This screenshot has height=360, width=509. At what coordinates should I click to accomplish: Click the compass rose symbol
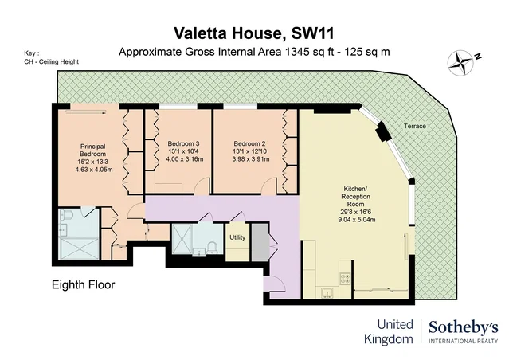pyautogui.click(x=460, y=62)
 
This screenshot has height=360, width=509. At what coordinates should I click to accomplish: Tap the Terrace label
pyautogui.click(x=414, y=126)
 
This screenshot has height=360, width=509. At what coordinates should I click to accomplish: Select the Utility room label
pyautogui.click(x=237, y=237)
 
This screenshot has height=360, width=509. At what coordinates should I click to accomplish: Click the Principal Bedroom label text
pyautogui.click(x=92, y=150)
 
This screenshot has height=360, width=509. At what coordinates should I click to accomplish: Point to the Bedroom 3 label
pyautogui.click(x=183, y=143)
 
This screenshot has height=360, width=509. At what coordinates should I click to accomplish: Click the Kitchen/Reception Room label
pyautogui.click(x=355, y=197)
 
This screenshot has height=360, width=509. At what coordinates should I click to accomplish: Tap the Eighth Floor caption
pyautogui.click(x=84, y=284)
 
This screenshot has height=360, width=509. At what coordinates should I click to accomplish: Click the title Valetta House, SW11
pyautogui.click(x=254, y=33)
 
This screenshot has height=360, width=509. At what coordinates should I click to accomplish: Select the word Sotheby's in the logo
pyautogui.click(x=464, y=327)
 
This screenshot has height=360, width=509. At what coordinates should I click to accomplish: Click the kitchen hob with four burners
pyautogui.click(x=344, y=278)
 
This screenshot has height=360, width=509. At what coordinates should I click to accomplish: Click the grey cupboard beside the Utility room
pyautogui.click(x=260, y=242)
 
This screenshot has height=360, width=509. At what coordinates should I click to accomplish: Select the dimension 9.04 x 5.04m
pyautogui.click(x=356, y=220)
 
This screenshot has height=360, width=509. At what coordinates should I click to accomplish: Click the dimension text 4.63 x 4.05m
pyautogui.click(x=94, y=169)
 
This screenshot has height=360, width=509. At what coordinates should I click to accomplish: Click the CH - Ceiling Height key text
pyautogui.click(x=51, y=61)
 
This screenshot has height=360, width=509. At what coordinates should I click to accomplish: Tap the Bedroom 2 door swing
pyautogui.click(x=269, y=186)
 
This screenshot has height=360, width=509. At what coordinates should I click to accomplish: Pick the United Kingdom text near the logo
pyautogui.click(x=389, y=332)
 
